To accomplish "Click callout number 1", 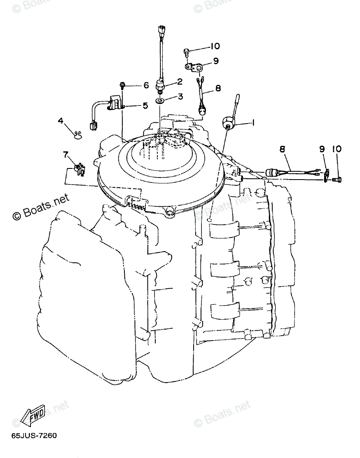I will coord(253,122).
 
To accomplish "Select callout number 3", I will coord(180,97).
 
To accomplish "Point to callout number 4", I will coord(61,121).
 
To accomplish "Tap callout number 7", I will coord(65,154).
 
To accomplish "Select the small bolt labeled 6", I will coord(122,85).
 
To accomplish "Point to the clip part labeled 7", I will coord(79,169).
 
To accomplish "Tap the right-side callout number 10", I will coord(337,149).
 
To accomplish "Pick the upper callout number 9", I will coord(215,61).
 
